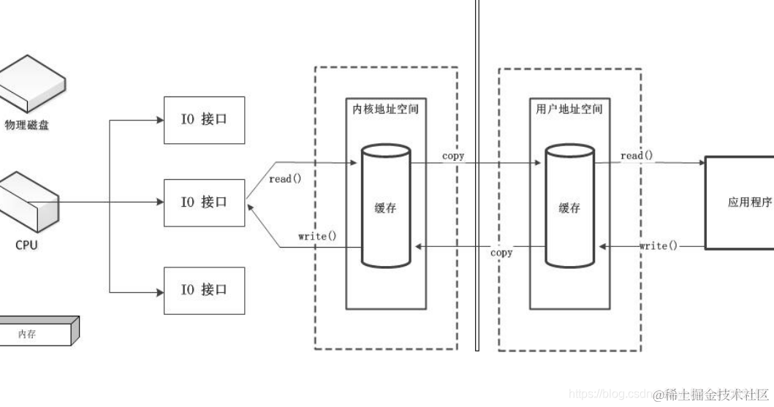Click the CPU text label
click(x=26, y=246)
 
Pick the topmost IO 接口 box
click(x=204, y=119)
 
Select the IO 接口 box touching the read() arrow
click(x=204, y=202)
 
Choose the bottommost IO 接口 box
click(x=204, y=289)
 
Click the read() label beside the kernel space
click(x=285, y=179)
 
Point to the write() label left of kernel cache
click(x=318, y=236)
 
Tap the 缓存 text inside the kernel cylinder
click(x=386, y=208)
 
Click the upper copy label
click(x=453, y=156)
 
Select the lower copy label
click(x=501, y=253)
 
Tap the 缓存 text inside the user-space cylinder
click(x=569, y=208)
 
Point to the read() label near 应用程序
click(x=637, y=156)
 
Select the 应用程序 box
click(x=738, y=202)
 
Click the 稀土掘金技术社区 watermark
click(x=710, y=395)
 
